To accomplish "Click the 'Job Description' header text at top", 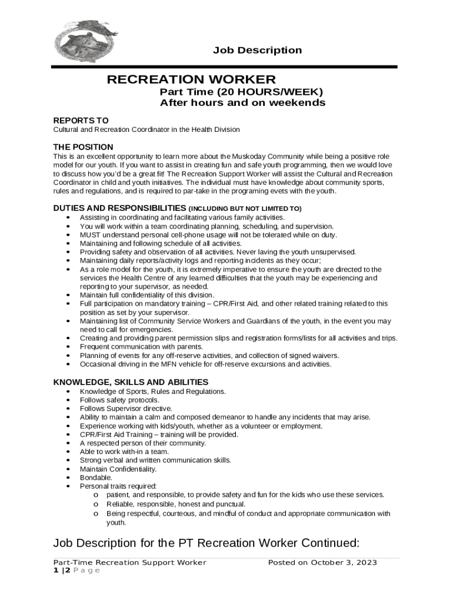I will pos(257,51).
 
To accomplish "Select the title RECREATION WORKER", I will pos(191,79).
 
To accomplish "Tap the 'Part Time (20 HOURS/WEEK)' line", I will pos(241,92).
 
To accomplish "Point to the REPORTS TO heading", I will pos(81,120).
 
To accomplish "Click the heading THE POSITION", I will pos(83,147).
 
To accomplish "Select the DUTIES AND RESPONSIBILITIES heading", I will pos(119,208).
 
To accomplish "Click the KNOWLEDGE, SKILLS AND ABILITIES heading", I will pos(131,382).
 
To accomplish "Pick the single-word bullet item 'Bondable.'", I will pos(96,478).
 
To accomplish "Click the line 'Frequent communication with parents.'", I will pos(141,347).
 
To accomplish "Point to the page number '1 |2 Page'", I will pos(76,570).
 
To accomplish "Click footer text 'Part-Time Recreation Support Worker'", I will pos(129,562).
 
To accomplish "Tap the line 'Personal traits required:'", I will pos(118,486).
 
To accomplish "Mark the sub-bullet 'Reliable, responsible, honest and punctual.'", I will pos(176,504).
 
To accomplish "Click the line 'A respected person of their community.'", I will pos(143,443).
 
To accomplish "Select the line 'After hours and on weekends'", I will pos(242,103).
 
